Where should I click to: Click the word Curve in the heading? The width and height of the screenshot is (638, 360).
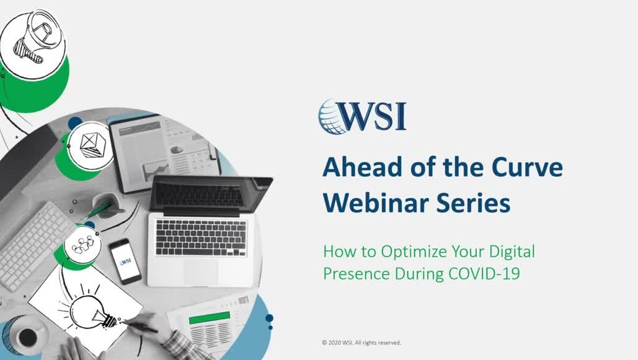coord(527,167)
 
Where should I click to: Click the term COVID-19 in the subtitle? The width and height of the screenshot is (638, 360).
coord(484,273)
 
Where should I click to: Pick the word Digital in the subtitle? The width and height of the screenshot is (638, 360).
coord(512,252)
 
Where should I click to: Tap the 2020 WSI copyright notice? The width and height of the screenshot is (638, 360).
coord(361,343)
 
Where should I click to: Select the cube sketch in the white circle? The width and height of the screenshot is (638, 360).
coord(92,145)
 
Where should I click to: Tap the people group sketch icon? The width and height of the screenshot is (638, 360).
coord(82,245)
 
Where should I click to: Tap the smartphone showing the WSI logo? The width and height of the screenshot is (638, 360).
coord(125,261)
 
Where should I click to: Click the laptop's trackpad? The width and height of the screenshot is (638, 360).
coord(200,271)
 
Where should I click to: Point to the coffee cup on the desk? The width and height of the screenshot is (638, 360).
coord(28,336)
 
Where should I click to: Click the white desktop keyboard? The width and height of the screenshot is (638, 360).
coord(35,246)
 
